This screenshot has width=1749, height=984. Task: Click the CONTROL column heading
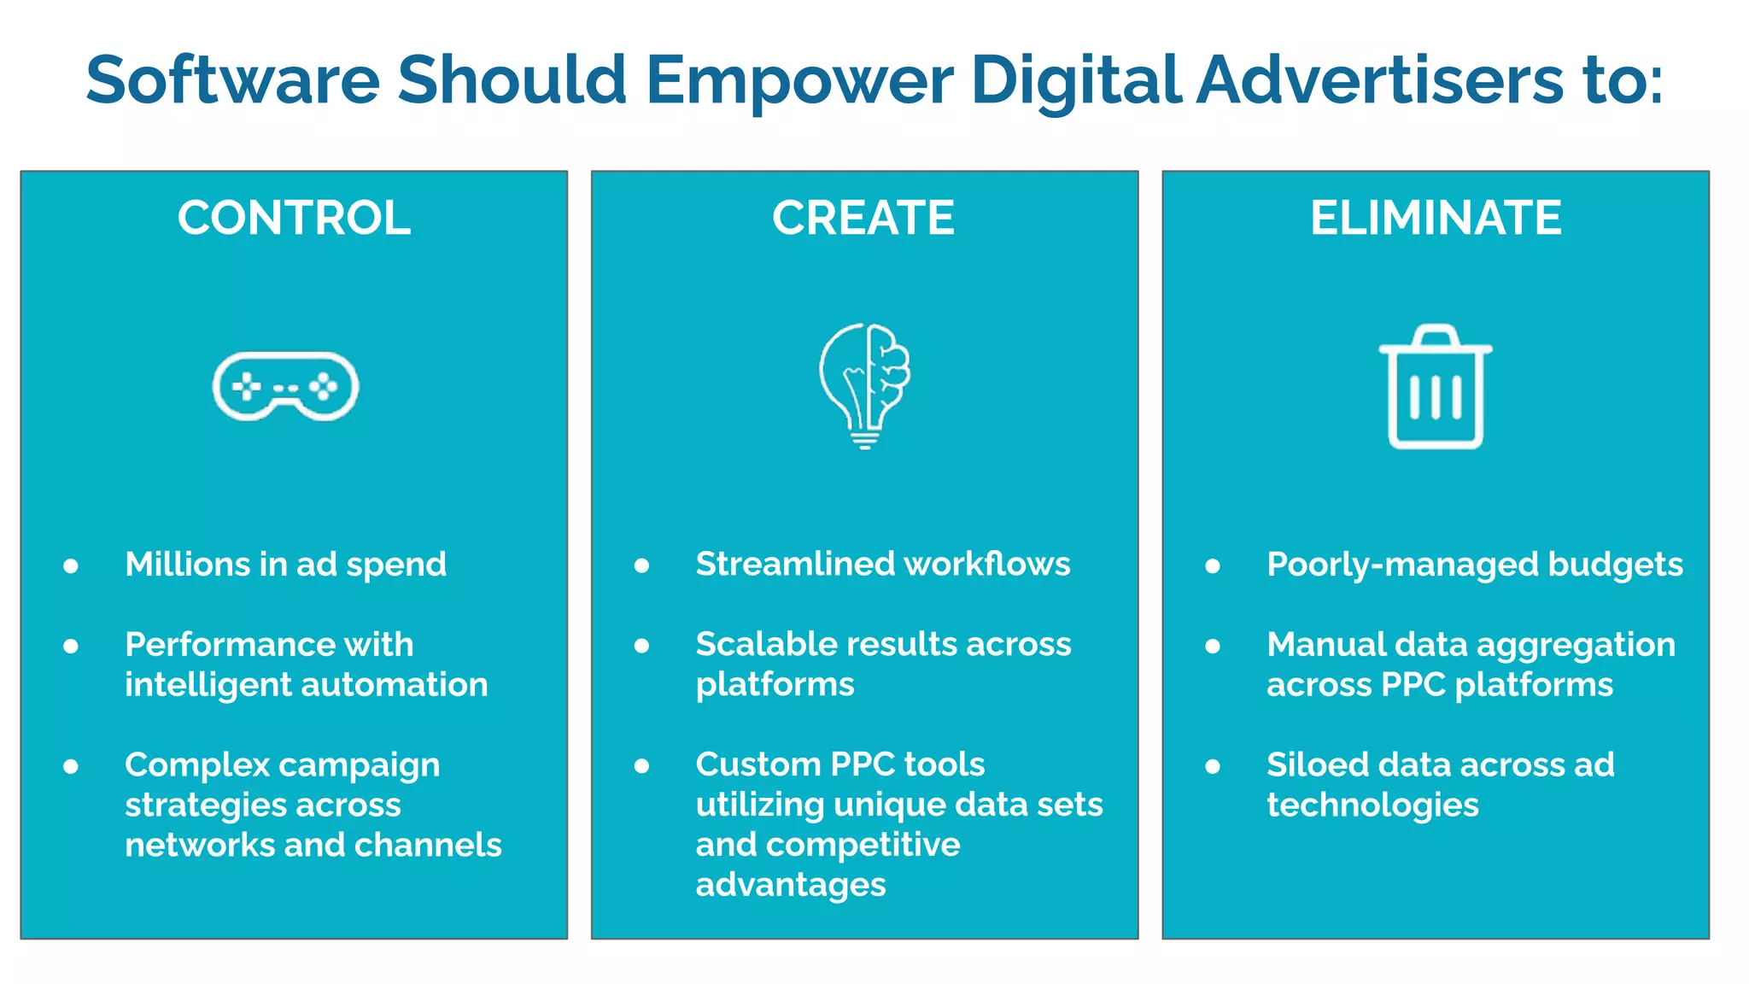(294, 218)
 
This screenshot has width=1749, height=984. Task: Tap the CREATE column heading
(863, 218)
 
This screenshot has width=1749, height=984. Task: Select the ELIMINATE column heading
(1436, 218)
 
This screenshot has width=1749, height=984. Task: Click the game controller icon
(285, 387)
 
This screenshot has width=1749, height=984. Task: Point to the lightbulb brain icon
(864, 385)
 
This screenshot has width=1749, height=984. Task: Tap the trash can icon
(1436, 387)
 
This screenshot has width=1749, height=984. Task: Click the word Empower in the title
(798, 80)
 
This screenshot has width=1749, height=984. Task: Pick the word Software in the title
(232, 80)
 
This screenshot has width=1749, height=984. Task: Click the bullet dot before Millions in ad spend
(71, 565)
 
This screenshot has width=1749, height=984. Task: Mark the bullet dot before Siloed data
(1213, 766)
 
